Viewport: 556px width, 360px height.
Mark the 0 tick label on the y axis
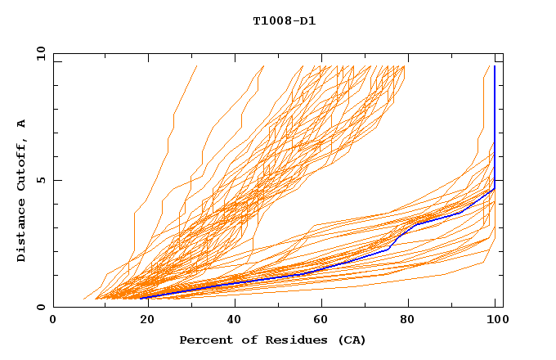[41, 307]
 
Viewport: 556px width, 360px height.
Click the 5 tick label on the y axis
[41, 180]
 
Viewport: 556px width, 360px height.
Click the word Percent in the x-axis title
[204, 340]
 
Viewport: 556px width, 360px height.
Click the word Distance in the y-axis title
[22, 232]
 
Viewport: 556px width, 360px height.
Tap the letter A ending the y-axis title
[22, 124]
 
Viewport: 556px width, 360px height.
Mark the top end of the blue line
[495, 66]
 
